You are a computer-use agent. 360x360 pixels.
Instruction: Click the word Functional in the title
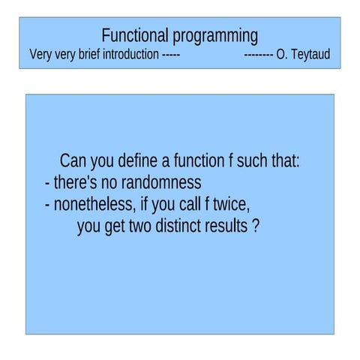coord(136,35)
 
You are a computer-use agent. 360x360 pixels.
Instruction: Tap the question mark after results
coord(256,226)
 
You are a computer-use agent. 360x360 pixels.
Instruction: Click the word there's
coord(78,182)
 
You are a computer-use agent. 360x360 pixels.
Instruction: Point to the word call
coord(186,204)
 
